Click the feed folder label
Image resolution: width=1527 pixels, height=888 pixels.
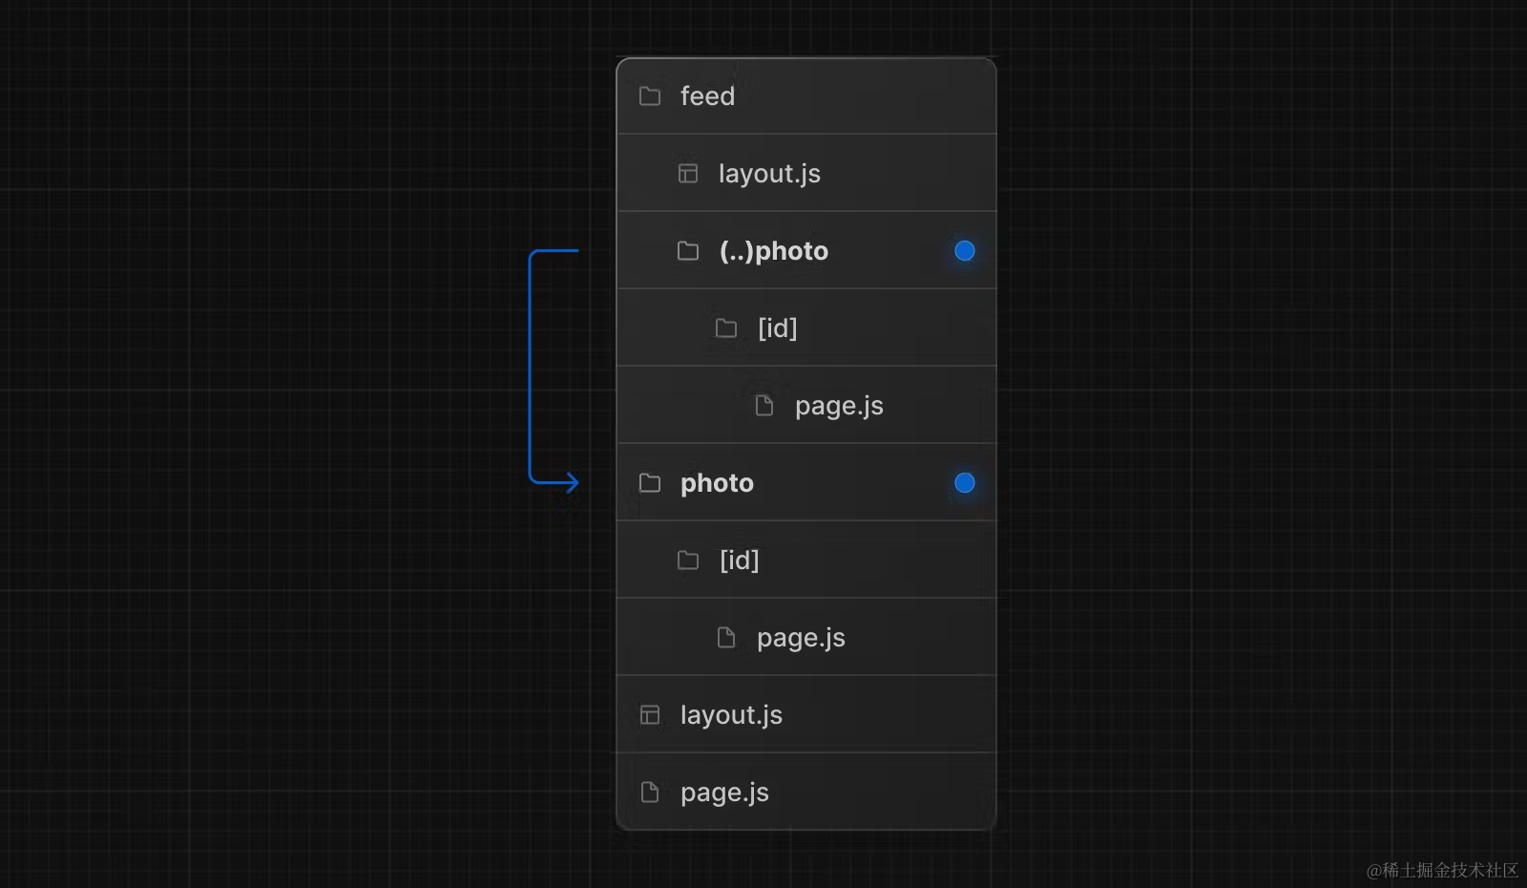tap(707, 96)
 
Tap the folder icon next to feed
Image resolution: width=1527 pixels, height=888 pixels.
tap(650, 96)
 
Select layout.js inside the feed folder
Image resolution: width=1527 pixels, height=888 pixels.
tap(769, 174)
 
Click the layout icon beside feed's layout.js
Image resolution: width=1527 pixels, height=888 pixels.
tap(688, 174)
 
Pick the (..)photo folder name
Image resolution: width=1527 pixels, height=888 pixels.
tap(773, 251)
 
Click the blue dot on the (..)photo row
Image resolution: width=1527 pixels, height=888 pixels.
tap(965, 251)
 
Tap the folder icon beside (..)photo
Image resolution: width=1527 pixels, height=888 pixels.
tap(688, 251)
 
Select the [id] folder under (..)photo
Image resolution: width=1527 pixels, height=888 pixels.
tap(777, 328)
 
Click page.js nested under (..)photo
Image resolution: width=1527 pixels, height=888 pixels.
tap(839, 406)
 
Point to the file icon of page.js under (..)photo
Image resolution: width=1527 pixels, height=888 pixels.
tap(764, 406)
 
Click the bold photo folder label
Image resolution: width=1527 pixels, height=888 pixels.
tap(717, 483)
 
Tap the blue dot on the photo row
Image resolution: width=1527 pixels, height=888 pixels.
tap(965, 483)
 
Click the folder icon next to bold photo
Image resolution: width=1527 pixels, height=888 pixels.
tap(650, 483)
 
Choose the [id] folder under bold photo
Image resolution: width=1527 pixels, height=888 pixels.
tap(739, 560)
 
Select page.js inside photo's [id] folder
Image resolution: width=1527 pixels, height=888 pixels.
tap(801, 638)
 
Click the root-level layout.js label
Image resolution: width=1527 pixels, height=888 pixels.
tap(731, 715)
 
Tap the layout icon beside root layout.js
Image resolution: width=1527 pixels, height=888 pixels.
tap(650, 715)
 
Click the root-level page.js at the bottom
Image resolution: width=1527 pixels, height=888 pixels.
tap(724, 793)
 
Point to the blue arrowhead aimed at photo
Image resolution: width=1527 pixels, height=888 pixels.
tap(572, 482)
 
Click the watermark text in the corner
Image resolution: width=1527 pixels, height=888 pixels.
tap(1442, 870)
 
